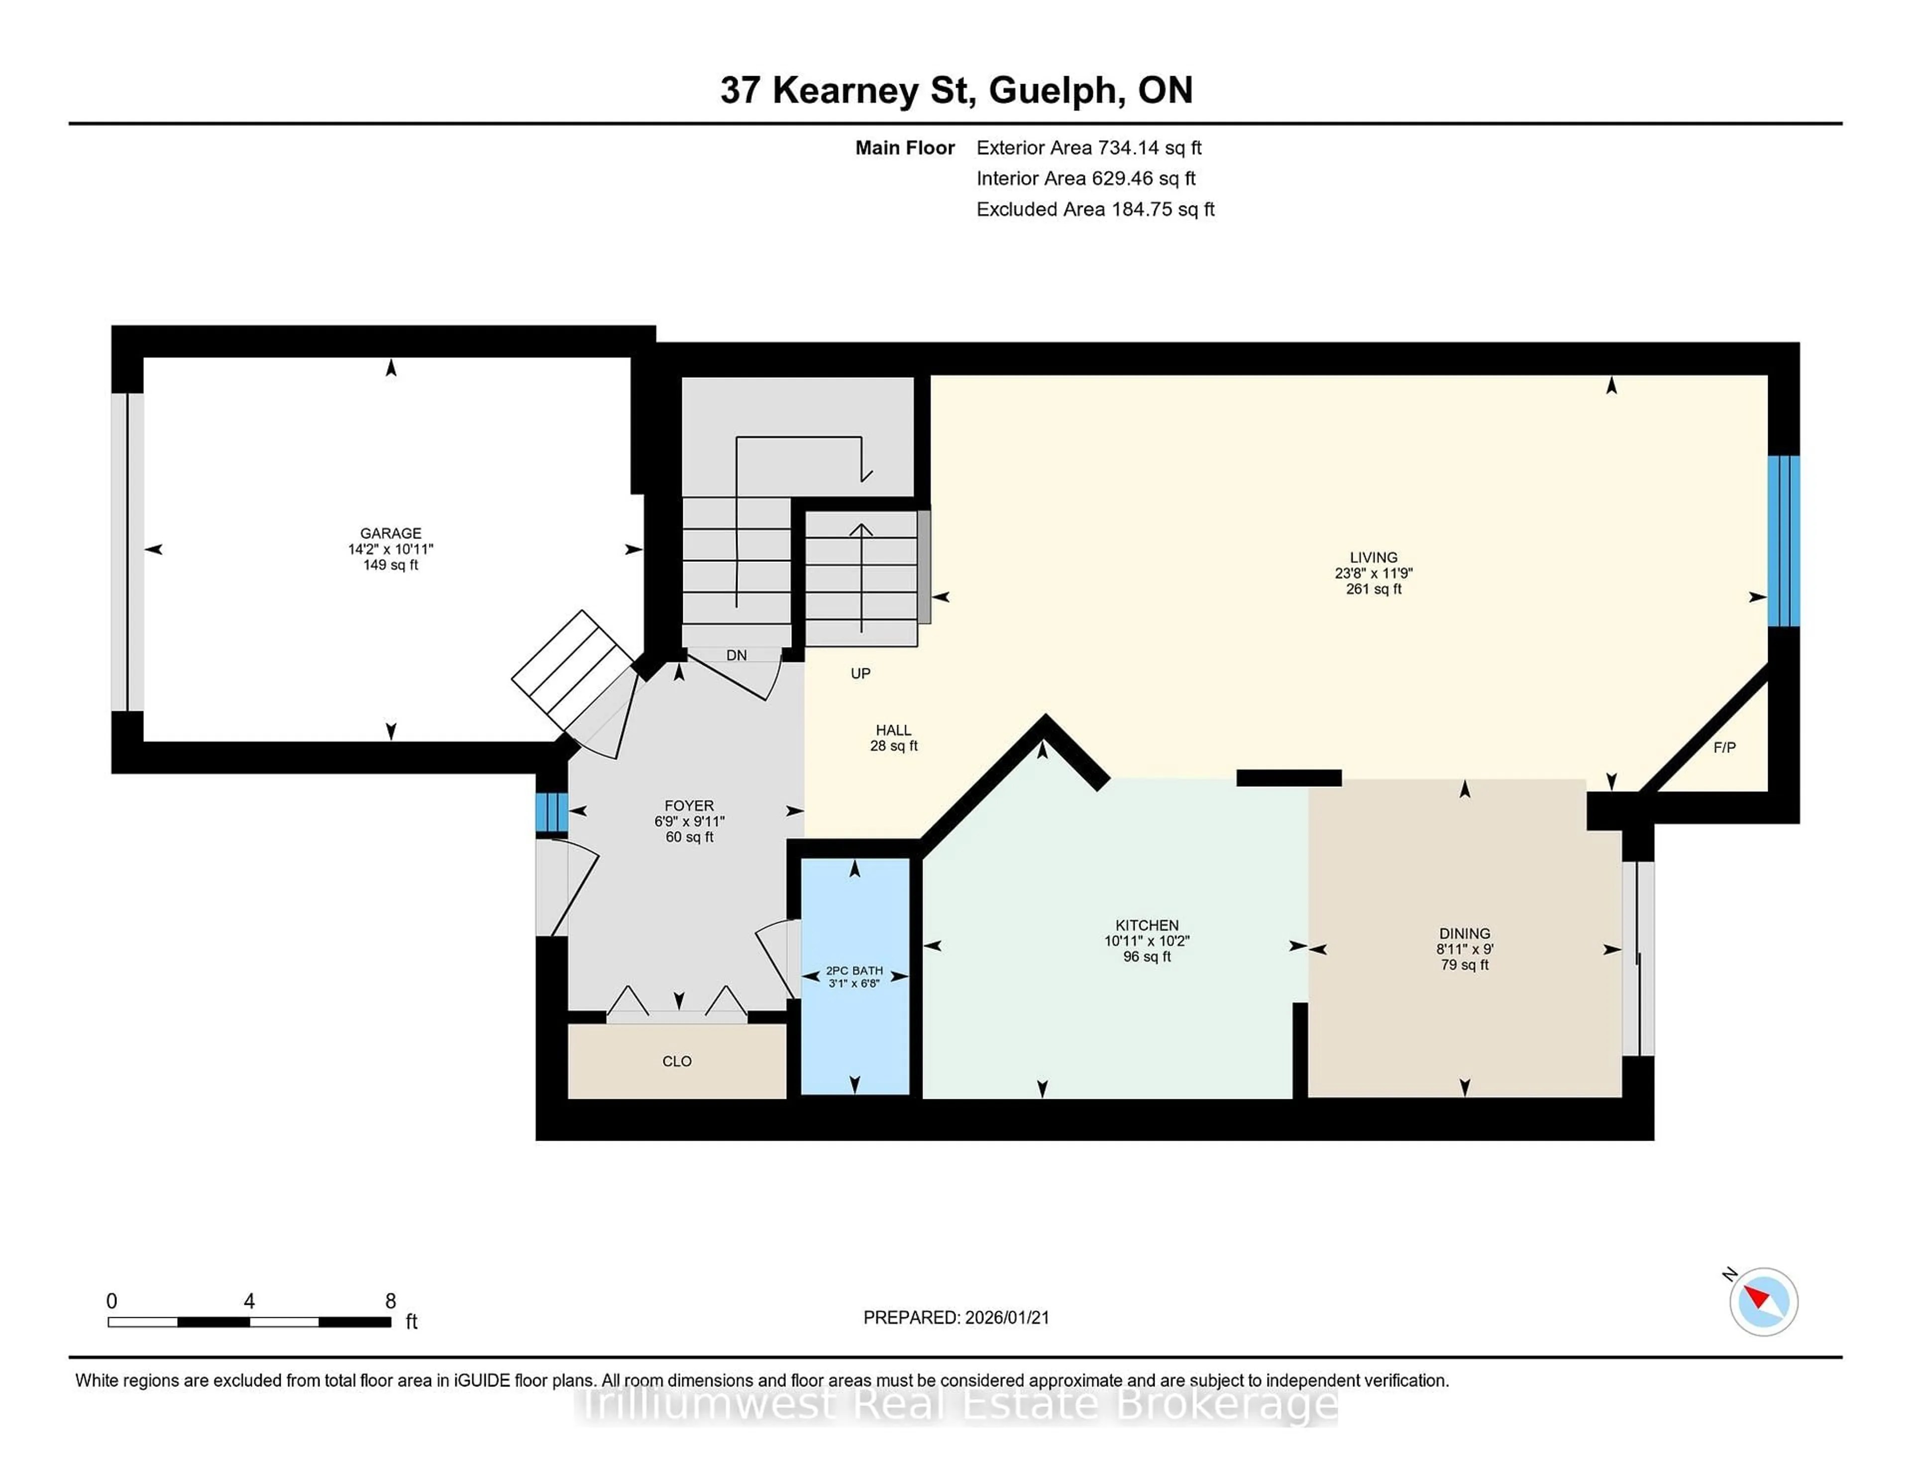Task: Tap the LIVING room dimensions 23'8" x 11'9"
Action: (1373, 573)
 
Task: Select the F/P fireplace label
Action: (1724, 747)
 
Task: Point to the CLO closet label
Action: (676, 1061)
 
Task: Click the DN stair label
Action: (736, 655)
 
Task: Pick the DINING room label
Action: (1464, 934)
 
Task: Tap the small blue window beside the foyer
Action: (551, 812)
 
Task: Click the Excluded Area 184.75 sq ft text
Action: (1095, 209)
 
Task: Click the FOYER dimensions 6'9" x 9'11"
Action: (689, 822)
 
